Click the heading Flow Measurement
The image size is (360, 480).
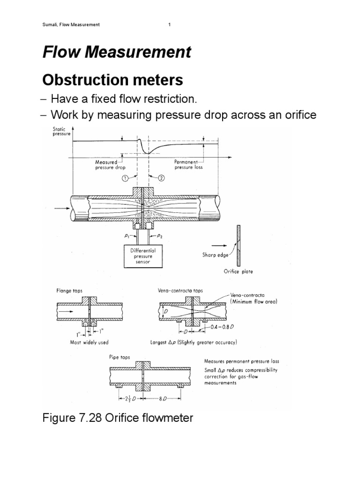117,52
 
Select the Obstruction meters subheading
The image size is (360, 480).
112,80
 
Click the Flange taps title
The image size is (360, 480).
69,291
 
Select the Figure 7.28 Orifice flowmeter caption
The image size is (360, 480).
118,418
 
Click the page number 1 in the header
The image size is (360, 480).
169,25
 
